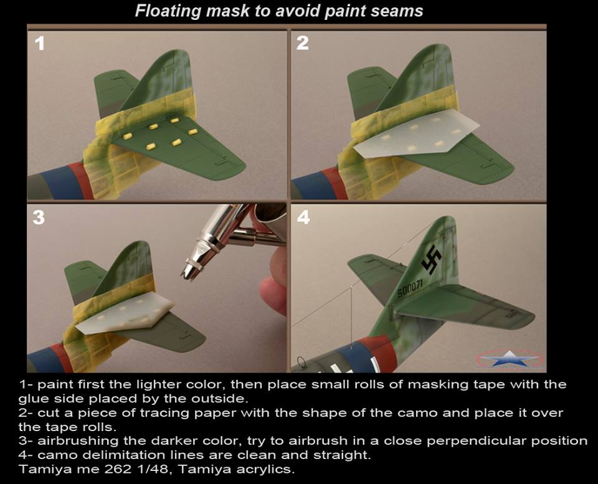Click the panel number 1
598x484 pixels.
[x=40, y=44]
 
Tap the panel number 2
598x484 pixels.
[x=303, y=43]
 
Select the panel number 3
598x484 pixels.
[x=39, y=217]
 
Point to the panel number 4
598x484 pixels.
[x=303, y=217]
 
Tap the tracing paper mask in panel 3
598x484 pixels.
[x=125, y=313]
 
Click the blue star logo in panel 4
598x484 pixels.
[x=510, y=359]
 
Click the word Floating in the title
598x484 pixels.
[x=168, y=11]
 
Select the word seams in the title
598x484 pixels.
[x=401, y=11]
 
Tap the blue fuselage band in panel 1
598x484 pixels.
[x=57, y=183]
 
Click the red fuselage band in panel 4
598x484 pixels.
[x=381, y=353]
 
